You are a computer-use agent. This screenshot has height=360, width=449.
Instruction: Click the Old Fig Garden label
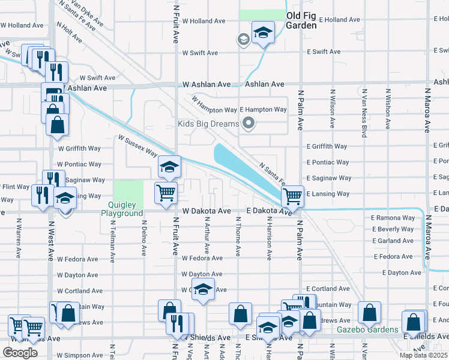[301, 20]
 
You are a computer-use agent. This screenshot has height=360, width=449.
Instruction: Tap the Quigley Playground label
[122, 209]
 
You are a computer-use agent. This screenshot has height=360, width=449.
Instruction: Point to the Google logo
[20, 352]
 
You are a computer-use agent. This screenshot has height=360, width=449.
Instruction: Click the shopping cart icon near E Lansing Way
[292, 195]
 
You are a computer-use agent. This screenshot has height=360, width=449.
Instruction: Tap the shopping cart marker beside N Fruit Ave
[166, 193]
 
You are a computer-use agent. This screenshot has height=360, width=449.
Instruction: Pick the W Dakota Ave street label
[206, 211]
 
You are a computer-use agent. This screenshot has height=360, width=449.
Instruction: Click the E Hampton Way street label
[264, 110]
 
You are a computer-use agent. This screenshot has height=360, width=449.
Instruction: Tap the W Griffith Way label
[79, 148]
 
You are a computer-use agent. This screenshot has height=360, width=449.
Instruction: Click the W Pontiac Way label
[79, 164]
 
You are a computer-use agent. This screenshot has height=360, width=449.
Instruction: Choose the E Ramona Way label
[393, 218]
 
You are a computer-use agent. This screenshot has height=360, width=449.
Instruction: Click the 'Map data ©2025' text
[422, 355]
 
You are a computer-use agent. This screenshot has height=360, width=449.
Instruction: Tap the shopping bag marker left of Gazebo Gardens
[369, 313]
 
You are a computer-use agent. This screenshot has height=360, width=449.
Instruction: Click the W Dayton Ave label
[202, 274]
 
